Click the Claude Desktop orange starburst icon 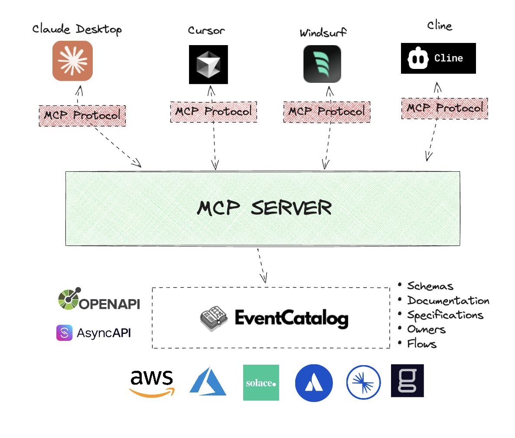point(72,61)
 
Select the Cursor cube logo point(208,64)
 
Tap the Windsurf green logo point(322,64)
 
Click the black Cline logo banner point(438,58)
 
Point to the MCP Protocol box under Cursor point(214,112)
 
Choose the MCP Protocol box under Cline point(444,108)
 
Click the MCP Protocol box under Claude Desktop point(82,116)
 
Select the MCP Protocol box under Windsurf point(327,112)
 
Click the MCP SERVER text point(264,208)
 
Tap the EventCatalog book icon point(213,318)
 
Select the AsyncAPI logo point(94,333)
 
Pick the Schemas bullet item point(430,286)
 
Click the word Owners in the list point(426,330)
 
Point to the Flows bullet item point(421,344)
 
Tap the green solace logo point(261,382)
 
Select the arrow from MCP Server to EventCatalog point(262,265)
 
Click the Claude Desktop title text point(77,29)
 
